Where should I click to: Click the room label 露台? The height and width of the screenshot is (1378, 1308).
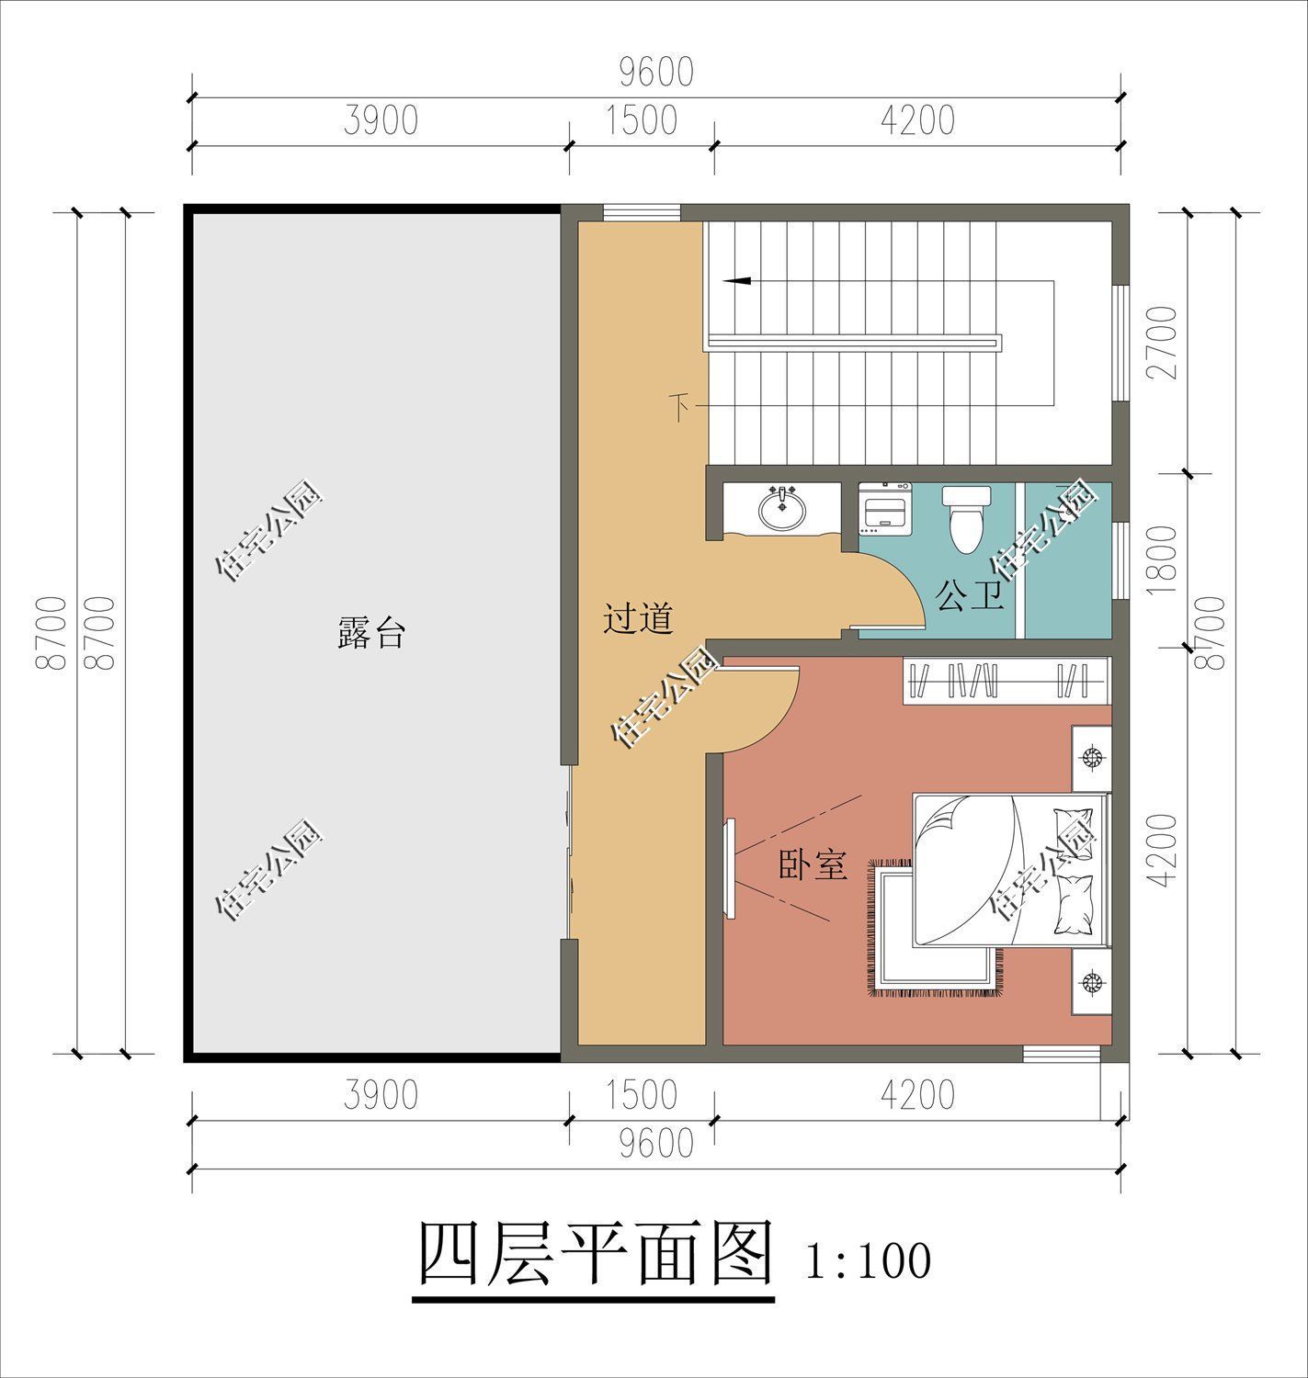tap(370, 634)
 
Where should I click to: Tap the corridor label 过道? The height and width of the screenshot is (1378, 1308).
tap(638, 618)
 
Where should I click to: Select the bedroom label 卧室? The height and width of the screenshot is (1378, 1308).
tap(813, 865)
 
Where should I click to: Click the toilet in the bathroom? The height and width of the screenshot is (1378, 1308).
tap(965, 518)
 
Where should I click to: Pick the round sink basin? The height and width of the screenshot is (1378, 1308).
tap(782, 508)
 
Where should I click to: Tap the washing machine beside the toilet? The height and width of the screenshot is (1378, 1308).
tap(883, 507)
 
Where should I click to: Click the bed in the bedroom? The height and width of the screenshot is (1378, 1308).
tap(1007, 869)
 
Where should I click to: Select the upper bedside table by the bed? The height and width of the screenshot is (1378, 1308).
tap(1091, 758)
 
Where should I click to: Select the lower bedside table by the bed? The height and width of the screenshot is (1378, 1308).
tap(1091, 982)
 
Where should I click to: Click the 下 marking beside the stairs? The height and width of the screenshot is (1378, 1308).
tap(680, 405)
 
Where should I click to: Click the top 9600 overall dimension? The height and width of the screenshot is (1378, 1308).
tap(655, 73)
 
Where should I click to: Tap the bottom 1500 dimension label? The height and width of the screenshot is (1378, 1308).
tap(642, 1094)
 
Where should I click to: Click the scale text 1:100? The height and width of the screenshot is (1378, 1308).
tap(867, 1261)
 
